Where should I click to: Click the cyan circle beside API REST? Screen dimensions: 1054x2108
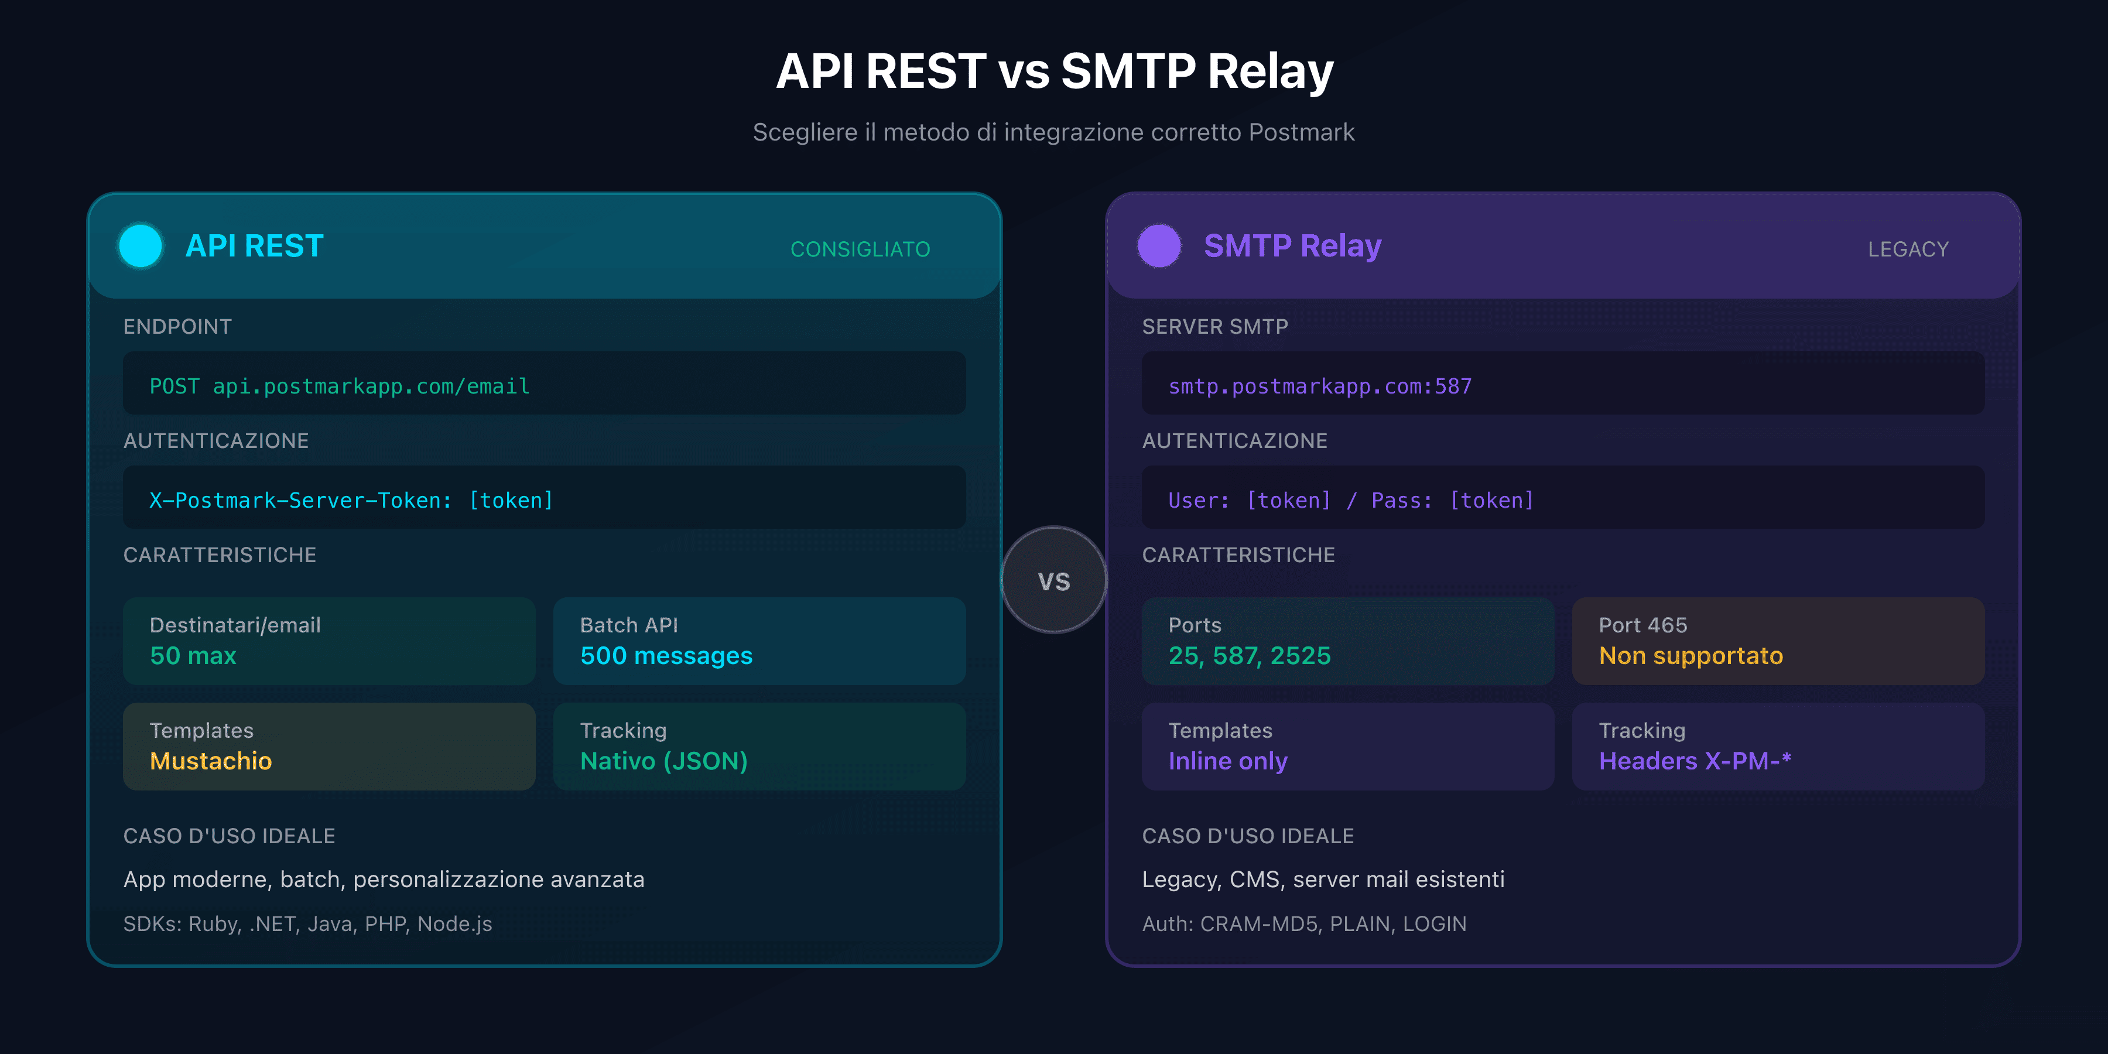(141, 245)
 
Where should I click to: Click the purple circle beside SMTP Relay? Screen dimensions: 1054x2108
(1159, 245)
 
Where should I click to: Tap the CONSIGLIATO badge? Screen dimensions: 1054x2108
(860, 249)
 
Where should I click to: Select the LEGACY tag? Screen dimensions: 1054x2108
(1908, 249)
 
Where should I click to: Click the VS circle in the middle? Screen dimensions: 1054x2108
(1054, 580)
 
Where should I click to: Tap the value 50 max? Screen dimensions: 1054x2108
(193, 655)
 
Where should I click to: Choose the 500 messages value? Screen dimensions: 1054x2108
(666, 655)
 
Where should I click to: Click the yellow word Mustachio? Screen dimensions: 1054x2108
(211, 761)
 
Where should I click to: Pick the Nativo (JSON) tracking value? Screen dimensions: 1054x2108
(663, 761)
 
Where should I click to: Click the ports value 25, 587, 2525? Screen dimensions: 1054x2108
(1250, 655)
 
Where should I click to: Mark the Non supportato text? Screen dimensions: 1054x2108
(1690, 655)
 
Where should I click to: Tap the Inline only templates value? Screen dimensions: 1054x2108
(1227, 761)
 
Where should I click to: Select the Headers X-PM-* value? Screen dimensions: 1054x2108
(1695, 761)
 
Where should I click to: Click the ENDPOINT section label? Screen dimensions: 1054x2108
(177, 327)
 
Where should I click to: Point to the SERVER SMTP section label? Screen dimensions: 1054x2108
(1215, 327)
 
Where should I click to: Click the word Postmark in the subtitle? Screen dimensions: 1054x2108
(1301, 132)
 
